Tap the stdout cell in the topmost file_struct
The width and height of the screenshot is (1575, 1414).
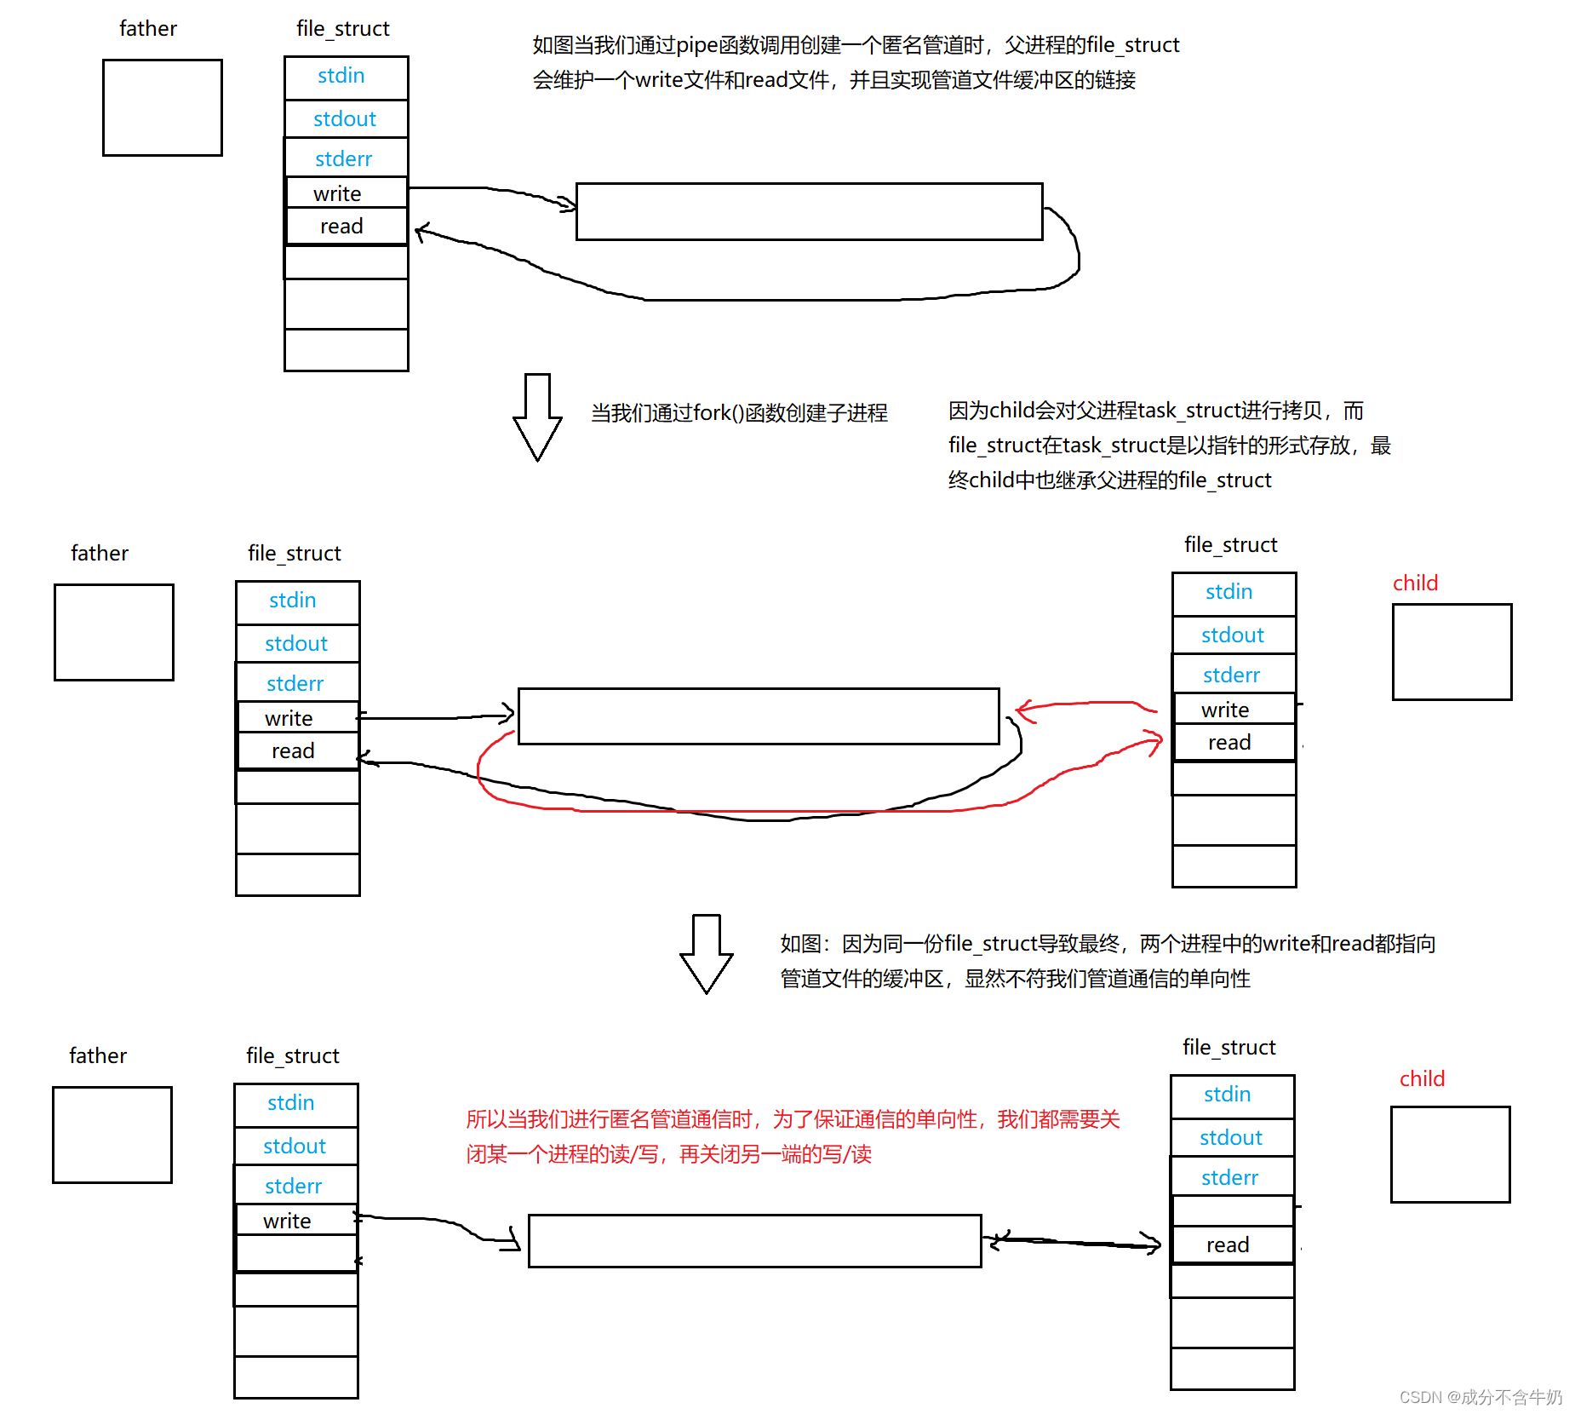click(346, 119)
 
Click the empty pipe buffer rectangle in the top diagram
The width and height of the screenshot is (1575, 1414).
click(809, 211)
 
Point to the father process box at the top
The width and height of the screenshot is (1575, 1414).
click(163, 107)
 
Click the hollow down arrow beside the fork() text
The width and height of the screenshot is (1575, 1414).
click(537, 417)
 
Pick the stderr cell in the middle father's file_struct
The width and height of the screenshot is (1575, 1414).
click(296, 683)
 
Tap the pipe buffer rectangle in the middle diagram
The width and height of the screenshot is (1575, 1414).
click(758, 716)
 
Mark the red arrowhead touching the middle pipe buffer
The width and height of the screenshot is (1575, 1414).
click(1024, 710)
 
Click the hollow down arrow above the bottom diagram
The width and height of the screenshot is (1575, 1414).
click(707, 953)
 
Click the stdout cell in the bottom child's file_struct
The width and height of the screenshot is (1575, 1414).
click(1231, 1138)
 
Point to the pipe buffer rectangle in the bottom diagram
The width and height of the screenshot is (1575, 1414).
click(754, 1241)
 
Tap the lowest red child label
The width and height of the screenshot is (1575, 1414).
click(1422, 1079)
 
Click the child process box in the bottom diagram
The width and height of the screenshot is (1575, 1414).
click(1450, 1154)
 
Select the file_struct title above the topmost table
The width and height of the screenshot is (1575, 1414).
click(342, 29)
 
